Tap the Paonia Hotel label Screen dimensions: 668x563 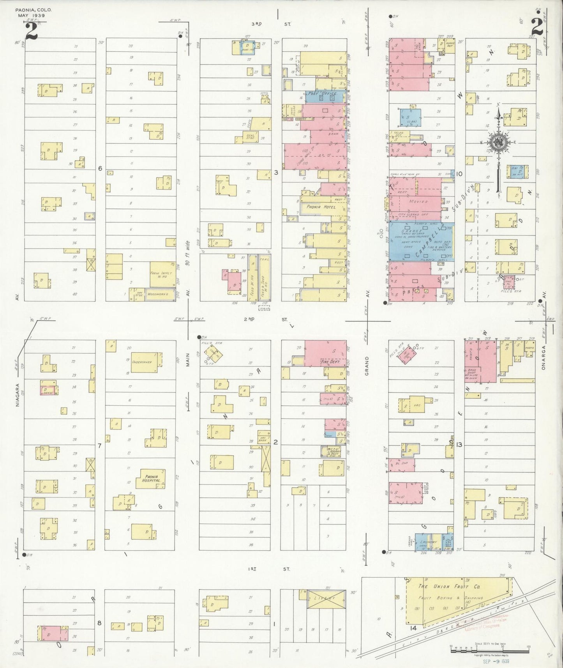click(x=321, y=207)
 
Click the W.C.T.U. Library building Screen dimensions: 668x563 click(x=330, y=451)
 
